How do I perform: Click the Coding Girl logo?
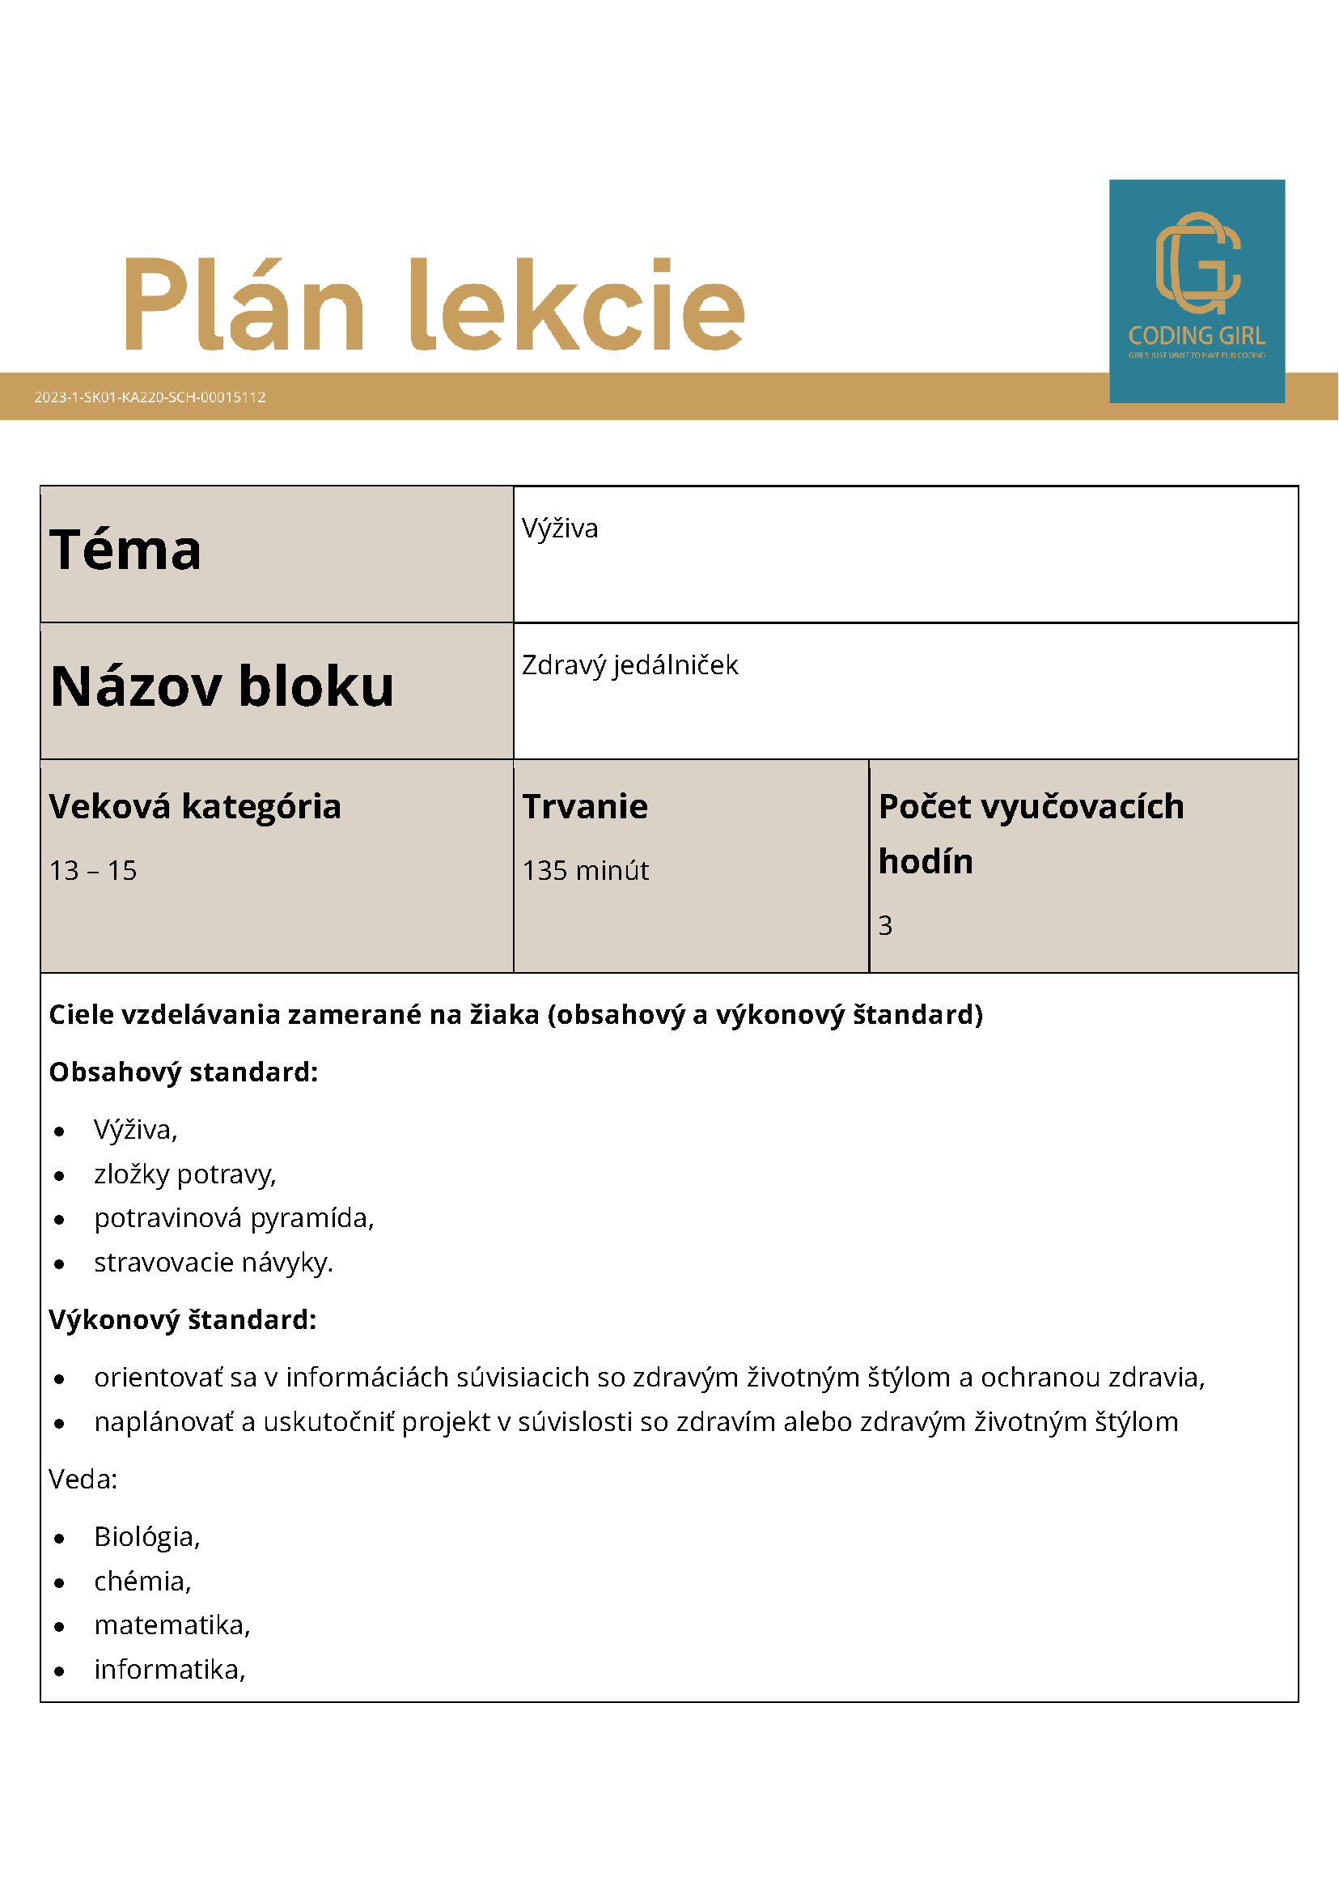click(1197, 291)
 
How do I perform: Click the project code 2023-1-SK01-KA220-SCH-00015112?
click(150, 397)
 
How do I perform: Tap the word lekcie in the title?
click(577, 305)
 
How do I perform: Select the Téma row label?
click(125, 550)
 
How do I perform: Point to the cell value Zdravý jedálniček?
click(630, 665)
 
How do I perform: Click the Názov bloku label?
click(222, 686)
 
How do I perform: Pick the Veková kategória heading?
click(195, 806)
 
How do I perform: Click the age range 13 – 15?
click(93, 870)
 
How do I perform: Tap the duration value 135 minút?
click(586, 870)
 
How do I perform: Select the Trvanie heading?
click(585, 806)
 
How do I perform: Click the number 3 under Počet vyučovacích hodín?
click(884, 926)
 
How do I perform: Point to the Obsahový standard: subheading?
click(183, 1072)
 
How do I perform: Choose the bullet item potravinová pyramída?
click(234, 1217)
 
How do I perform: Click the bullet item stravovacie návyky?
click(214, 1262)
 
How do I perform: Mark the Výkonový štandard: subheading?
click(182, 1319)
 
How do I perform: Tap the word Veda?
click(83, 1479)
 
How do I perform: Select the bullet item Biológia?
click(146, 1536)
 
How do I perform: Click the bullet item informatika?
click(170, 1669)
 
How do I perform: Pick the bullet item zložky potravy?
click(184, 1174)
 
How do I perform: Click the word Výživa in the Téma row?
click(560, 528)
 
